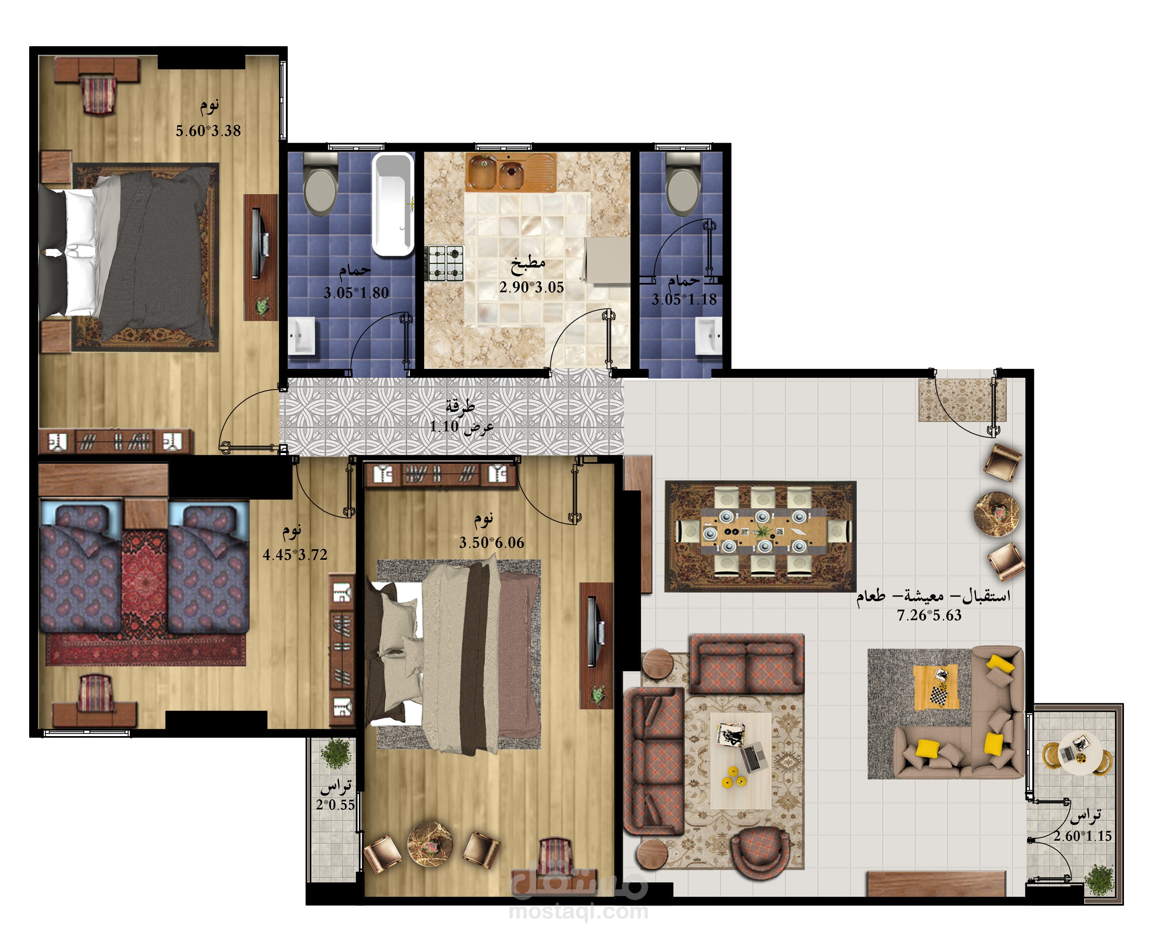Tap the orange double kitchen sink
click(510, 172)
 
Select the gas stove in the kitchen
click(446, 263)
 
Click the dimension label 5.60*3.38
click(208, 131)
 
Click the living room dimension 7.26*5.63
click(929, 615)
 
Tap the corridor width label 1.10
click(444, 426)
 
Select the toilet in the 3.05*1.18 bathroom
click(683, 184)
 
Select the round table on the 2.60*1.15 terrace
click(1079, 754)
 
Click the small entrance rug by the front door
click(962, 400)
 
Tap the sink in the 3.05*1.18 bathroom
click(709, 336)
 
